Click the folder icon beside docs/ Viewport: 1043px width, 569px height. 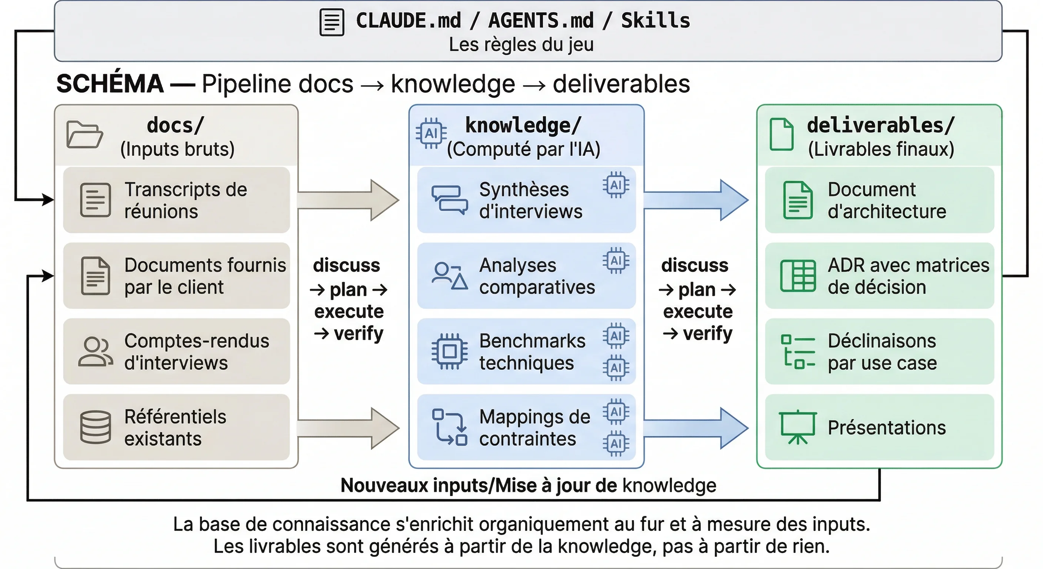click(x=84, y=134)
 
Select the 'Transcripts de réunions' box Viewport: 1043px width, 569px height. click(x=177, y=200)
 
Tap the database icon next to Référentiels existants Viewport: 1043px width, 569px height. click(x=96, y=427)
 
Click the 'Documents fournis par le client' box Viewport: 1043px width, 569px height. click(x=177, y=276)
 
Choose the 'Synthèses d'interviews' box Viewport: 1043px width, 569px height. click(x=526, y=200)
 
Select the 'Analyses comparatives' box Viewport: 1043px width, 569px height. click(x=526, y=276)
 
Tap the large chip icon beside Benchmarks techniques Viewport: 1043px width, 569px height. click(x=449, y=352)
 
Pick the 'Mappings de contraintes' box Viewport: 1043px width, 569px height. click(x=526, y=427)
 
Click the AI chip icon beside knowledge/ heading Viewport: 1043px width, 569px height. click(x=431, y=133)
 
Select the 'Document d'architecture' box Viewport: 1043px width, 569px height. click(x=879, y=200)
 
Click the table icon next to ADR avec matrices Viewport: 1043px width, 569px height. click(x=798, y=276)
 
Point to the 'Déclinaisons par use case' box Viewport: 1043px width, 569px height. click(x=879, y=352)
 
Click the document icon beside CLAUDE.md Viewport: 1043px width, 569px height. click(x=331, y=23)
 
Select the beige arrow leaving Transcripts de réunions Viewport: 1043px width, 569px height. click(x=348, y=200)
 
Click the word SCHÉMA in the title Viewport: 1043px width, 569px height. click(x=110, y=84)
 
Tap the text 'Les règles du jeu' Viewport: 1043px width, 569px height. click(x=521, y=44)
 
